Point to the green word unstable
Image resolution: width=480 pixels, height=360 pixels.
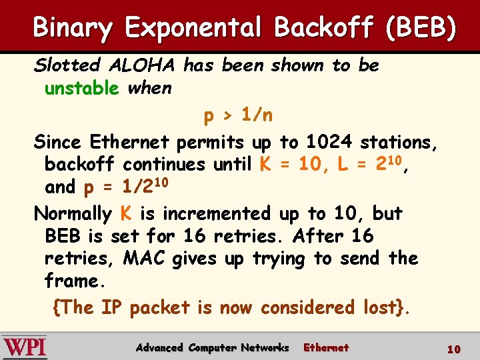click(x=81, y=88)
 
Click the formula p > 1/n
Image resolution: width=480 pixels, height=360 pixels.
click(x=238, y=116)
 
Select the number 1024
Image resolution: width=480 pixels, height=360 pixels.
click(x=329, y=142)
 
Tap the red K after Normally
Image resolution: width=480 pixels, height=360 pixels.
click(x=125, y=214)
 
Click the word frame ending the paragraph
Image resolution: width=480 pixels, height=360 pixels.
click(x=74, y=281)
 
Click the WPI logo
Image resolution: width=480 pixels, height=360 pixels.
click(x=25, y=347)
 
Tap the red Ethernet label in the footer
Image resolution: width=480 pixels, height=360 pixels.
click(x=326, y=347)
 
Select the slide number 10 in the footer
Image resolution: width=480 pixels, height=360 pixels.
click(x=453, y=349)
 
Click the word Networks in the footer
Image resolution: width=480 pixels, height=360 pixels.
click(x=265, y=347)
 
